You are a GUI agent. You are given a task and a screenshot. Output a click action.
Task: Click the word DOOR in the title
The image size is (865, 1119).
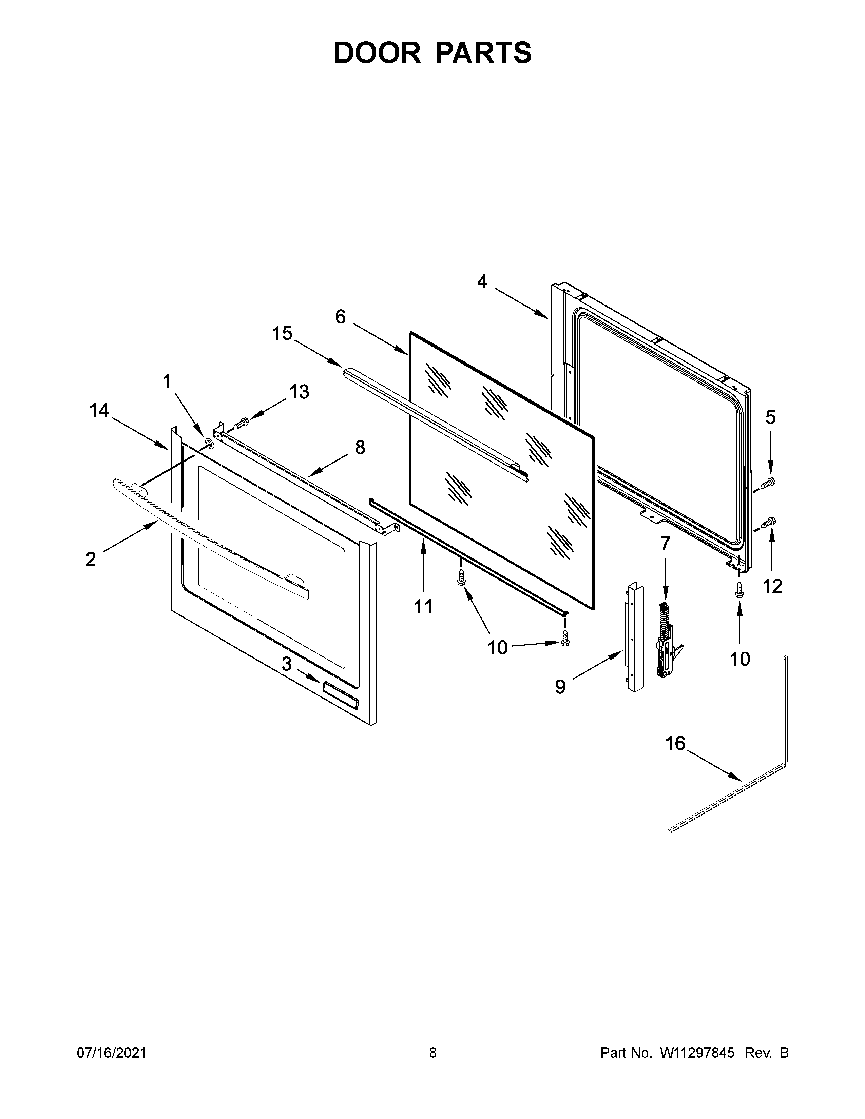(377, 53)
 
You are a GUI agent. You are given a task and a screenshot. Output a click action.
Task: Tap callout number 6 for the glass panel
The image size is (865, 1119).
(340, 317)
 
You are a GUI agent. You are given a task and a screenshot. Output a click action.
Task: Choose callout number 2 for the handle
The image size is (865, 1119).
(91, 559)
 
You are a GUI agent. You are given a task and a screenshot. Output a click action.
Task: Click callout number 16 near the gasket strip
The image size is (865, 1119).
(675, 743)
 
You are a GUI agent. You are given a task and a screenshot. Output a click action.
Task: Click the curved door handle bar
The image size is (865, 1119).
(205, 538)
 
